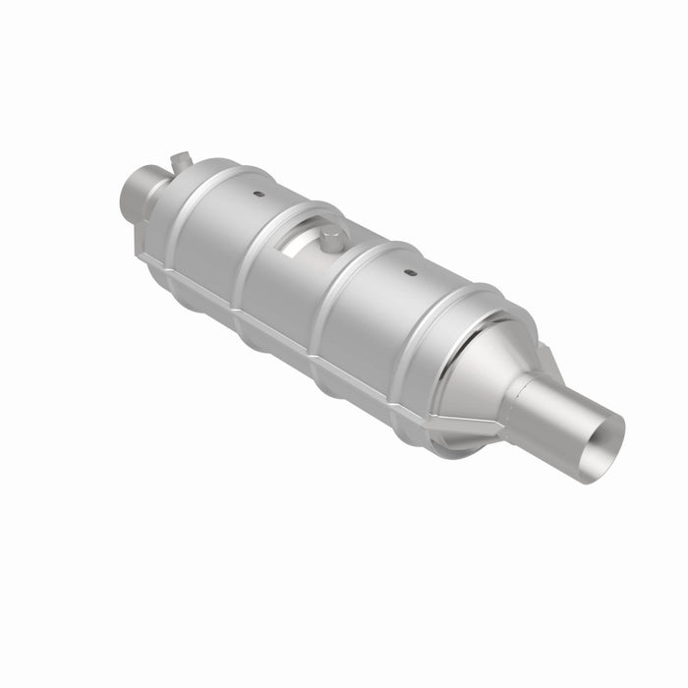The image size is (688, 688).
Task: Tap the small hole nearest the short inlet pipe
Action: pyautogui.click(x=258, y=195)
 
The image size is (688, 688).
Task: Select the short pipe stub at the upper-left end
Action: pyautogui.click(x=140, y=193)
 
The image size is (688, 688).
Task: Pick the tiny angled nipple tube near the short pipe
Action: pyautogui.click(x=179, y=157)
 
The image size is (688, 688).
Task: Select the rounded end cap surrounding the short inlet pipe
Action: pyautogui.click(x=172, y=211)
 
